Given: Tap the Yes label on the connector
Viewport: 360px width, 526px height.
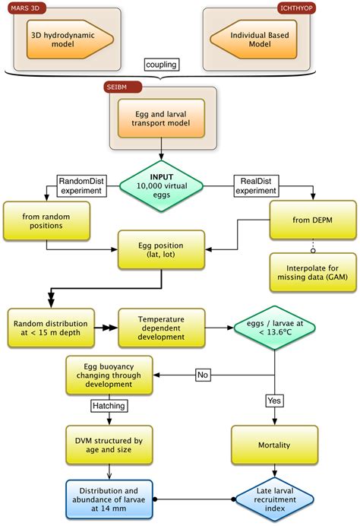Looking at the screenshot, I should (x=273, y=399).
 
